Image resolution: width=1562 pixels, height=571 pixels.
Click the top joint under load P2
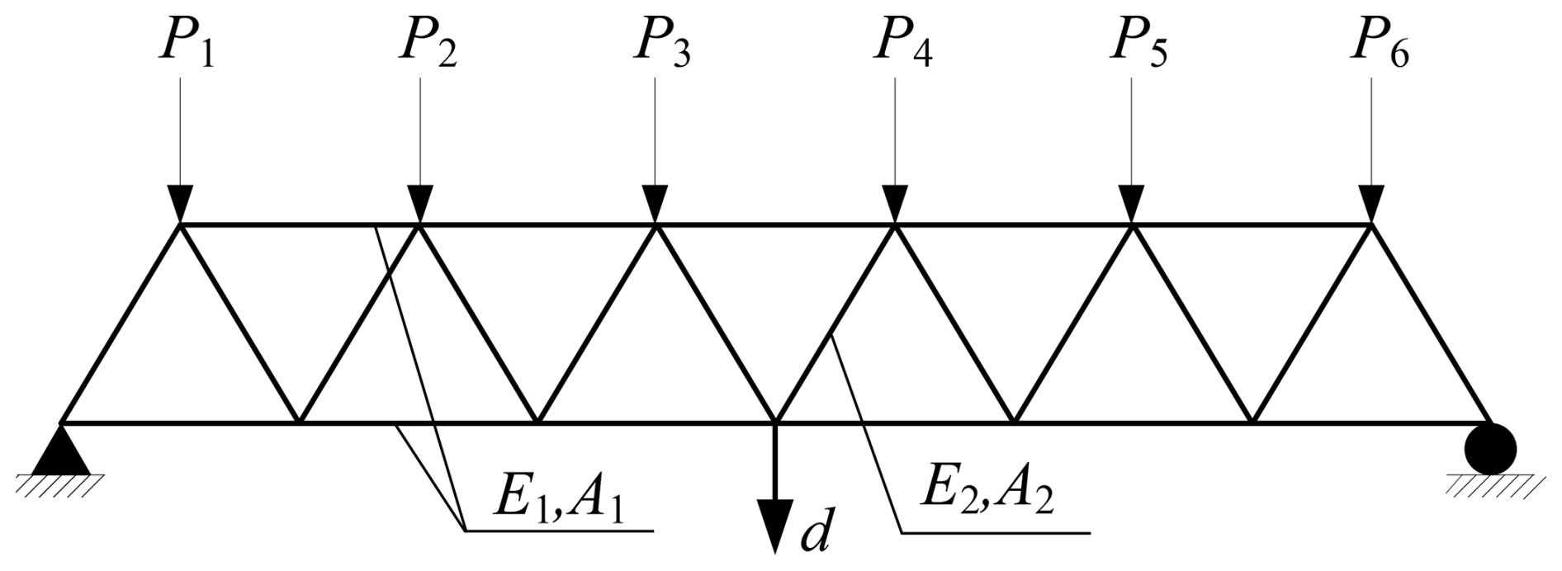click(x=419, y=224)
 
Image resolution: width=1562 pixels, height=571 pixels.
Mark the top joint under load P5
click(x=1132, y=224)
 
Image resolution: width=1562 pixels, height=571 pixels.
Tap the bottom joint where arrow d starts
click(x=774, y=423)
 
